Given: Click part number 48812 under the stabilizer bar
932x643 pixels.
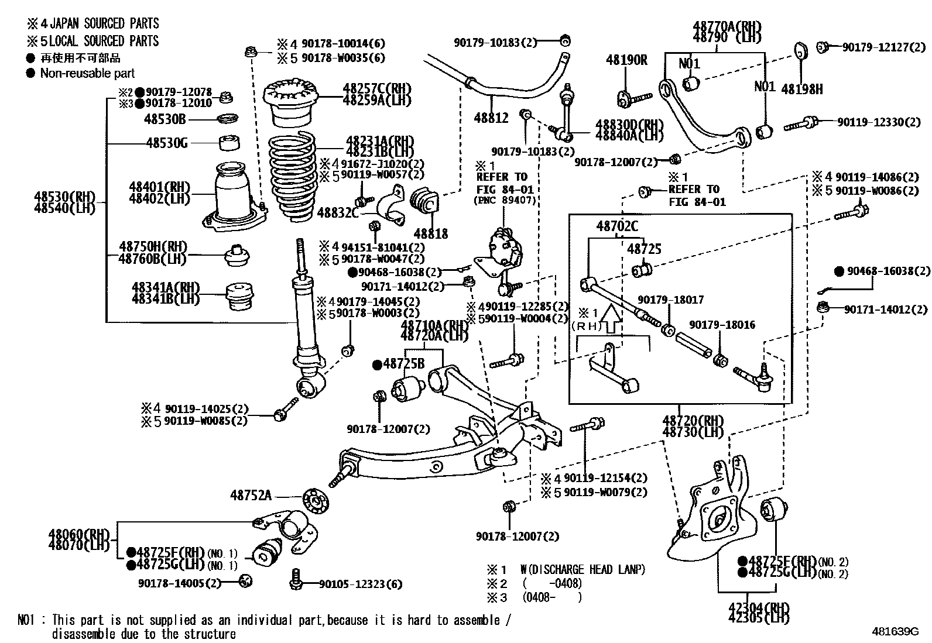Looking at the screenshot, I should [x=491, y=118].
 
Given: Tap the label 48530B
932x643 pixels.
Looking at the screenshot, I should [x=165, y=119].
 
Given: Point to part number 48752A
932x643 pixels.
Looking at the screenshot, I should [x=251, y=495].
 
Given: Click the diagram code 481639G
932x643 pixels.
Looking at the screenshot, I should [x=895, y=632].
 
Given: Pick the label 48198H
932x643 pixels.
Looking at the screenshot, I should [x=801, y=90].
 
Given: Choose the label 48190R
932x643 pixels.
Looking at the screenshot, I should [x=626, y=60].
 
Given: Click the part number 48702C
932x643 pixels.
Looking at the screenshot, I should [x=617, y=226].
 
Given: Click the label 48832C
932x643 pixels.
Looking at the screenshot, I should [x=338, y=212].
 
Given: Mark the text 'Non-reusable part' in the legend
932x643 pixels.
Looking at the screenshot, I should [x=87, y=73].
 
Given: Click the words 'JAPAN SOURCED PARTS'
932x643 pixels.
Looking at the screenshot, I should [x=104, y=23].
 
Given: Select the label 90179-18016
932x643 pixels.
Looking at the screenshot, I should [x=722, y=325].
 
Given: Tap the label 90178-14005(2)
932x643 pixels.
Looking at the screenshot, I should [x=180, y=583].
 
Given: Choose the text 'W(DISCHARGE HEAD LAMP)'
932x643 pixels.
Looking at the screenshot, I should [x=582, y=569].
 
